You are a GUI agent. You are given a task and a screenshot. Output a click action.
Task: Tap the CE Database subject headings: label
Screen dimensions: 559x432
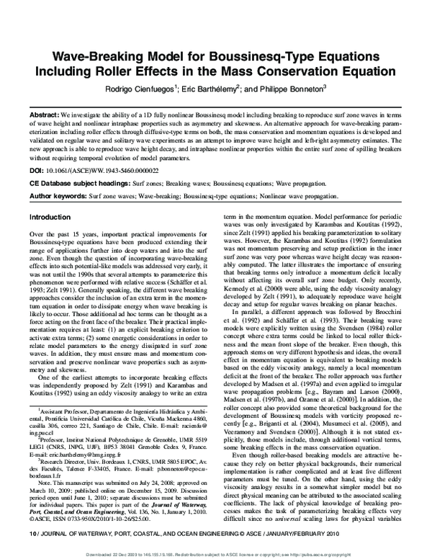click(x=80, y=184)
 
